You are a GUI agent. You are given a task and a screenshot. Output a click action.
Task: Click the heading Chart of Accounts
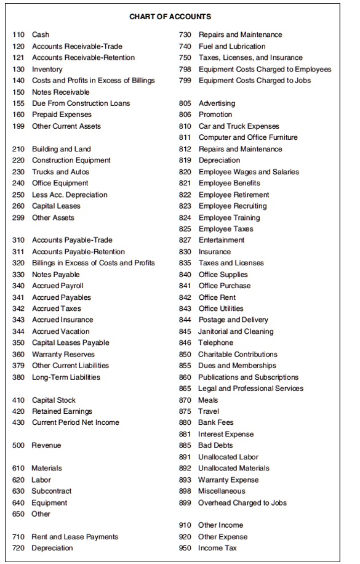coord(170,17)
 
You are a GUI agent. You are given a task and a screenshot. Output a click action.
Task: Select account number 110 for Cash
coord(18,34)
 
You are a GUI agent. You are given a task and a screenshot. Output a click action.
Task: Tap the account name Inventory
coord(47,69)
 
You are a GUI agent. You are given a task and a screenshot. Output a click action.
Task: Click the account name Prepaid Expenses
coord(62,115)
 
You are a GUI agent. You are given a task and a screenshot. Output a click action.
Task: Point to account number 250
coord(18,195)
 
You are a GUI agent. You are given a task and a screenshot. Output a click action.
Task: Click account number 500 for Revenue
coord(18,445)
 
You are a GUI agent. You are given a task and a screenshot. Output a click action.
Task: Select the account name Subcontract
coord(51,491)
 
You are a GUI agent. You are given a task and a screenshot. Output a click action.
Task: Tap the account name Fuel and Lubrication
coord(232,46)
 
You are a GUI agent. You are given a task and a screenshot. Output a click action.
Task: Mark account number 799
coord(185,81)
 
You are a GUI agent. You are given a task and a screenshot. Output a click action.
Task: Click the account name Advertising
coord(217,103)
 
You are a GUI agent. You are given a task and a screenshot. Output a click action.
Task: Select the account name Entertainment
coord(221,240)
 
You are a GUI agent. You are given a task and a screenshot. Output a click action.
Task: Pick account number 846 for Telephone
coord(185,343)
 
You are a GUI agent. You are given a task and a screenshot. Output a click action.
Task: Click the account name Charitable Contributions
coord(238,355)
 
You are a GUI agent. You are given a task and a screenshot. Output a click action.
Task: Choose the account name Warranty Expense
coord(228,480)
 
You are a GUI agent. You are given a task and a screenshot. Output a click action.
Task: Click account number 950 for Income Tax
coord(185,548)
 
